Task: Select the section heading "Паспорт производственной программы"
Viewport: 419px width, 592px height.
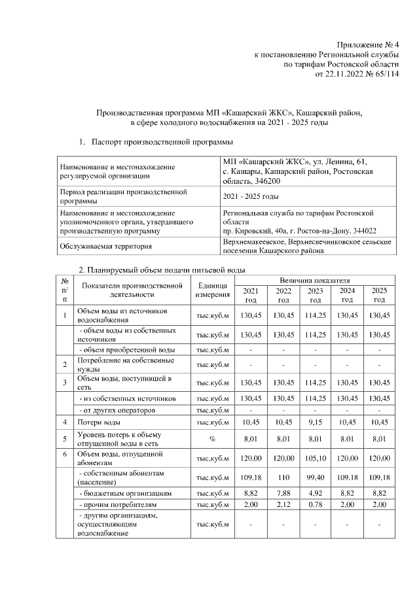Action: coord(162,141)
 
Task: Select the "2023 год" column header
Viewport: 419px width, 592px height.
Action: coord(315,295)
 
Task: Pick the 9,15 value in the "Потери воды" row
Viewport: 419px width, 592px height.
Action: coord(315,422)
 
